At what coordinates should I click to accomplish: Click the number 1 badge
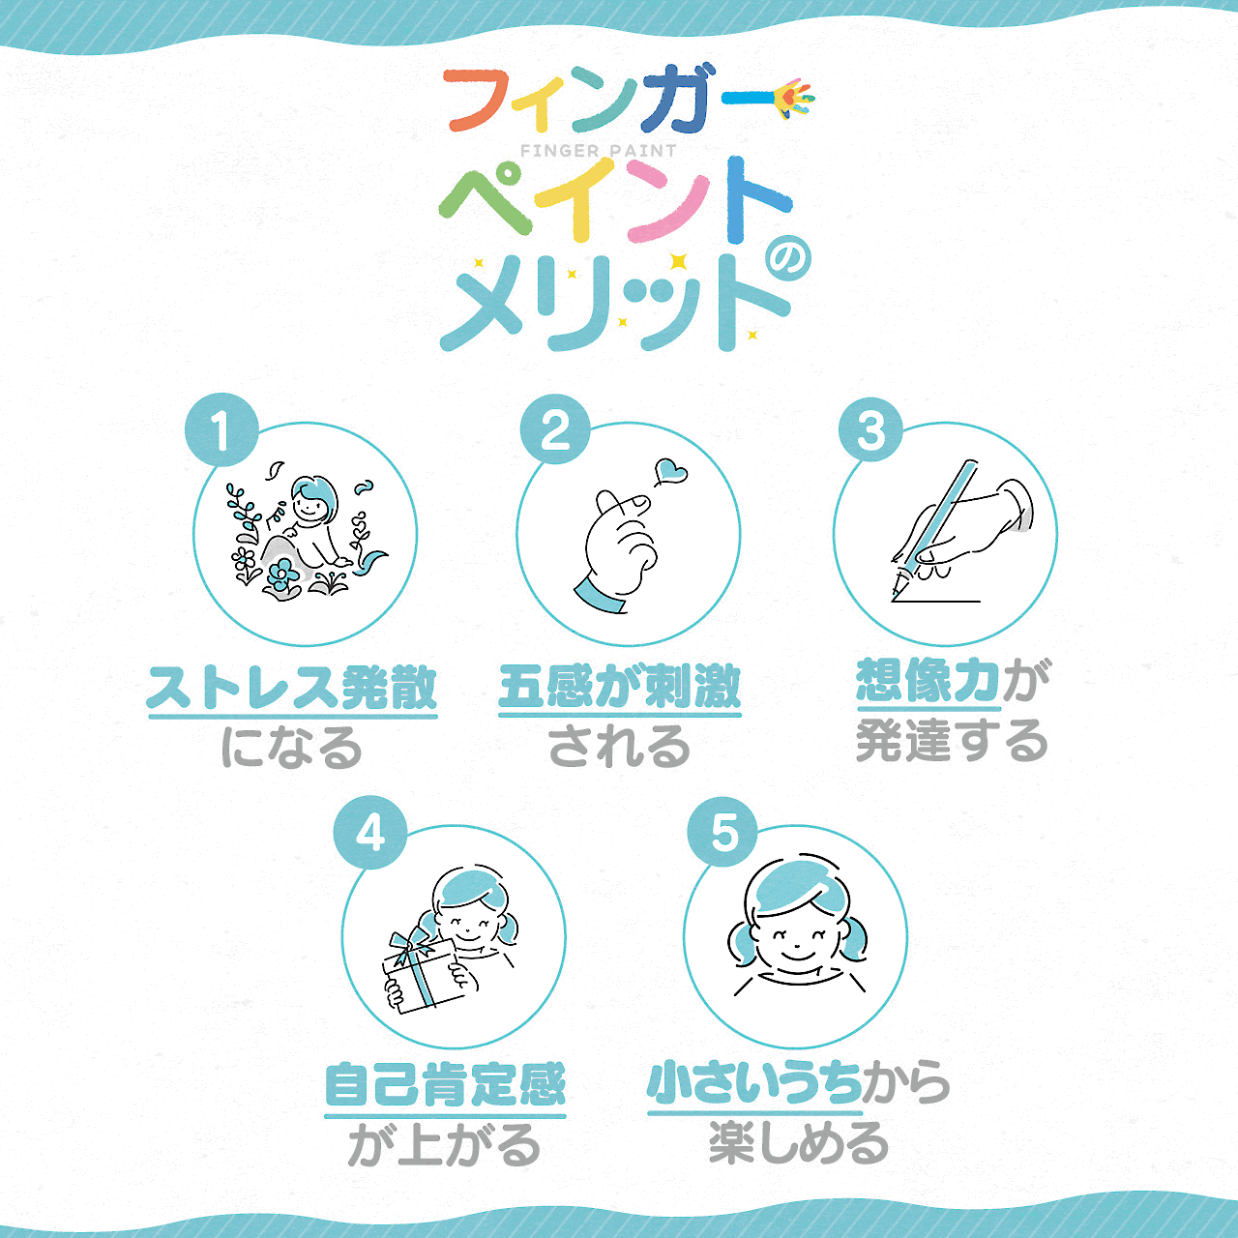coord(221,430)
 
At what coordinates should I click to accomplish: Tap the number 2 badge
coord(555,430)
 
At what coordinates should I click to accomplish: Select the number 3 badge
coord(871,430)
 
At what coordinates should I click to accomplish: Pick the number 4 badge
coord(370,832)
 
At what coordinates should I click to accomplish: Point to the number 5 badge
coord(723,832)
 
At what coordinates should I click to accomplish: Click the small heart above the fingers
coord(670,473)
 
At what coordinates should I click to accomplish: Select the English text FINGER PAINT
coord(599,151)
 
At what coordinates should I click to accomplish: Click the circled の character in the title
coord(787,259)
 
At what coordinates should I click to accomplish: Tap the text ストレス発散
coord(292,688)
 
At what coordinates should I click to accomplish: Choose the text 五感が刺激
coord(619,687)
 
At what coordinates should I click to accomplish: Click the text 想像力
coord(928,681)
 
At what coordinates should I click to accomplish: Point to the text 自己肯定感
coord(445,1084)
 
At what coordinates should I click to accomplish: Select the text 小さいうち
coord(754,1082)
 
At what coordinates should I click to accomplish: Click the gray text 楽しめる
coord(799,1144)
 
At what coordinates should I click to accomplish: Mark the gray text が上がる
coord(444,1146)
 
